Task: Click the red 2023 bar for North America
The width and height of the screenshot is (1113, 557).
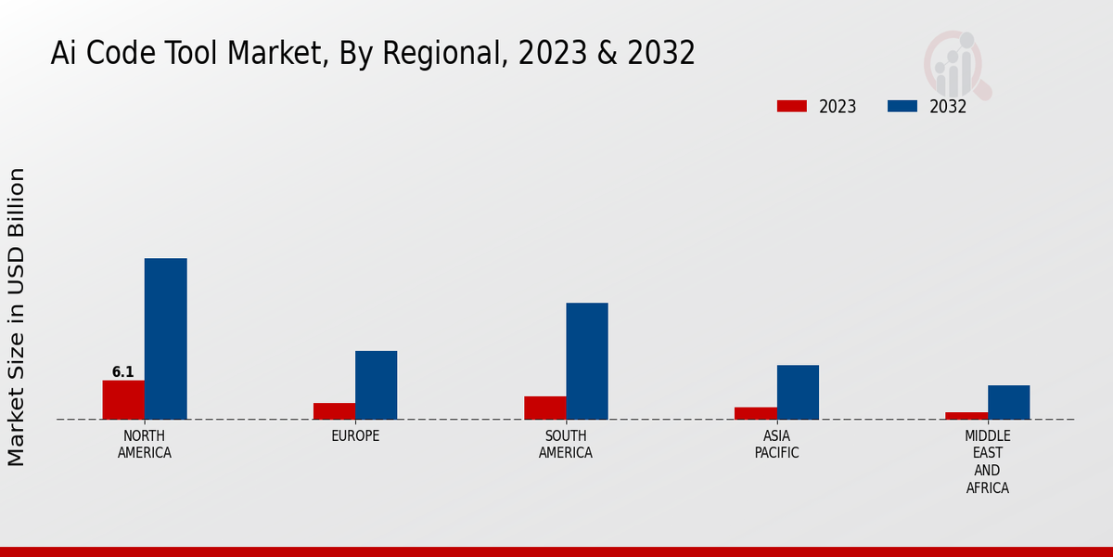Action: [123, 399]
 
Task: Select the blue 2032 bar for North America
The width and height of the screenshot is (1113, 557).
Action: [165, 339]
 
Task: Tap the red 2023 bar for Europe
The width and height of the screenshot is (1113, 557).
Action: [334, 410]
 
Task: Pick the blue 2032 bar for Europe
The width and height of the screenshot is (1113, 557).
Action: [376, 384]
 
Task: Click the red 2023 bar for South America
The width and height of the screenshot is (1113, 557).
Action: [544, 408]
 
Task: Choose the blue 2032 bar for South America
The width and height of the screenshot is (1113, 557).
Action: [587, 361]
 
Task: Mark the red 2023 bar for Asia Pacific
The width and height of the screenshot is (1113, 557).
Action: [756, 413]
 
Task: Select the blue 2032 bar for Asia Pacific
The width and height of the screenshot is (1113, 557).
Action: [798, 392]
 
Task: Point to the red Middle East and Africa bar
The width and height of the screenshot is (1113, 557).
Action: [966, 415]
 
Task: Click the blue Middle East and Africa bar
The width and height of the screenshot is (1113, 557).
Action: [1008, 402]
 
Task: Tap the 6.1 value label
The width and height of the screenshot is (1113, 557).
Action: [123, 372]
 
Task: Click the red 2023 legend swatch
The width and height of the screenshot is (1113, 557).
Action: [791, 106]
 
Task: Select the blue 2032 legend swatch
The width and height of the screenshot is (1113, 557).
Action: [902, 106]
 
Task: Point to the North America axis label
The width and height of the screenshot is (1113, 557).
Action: [145, 444]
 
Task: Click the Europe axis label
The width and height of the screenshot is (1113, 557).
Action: [355, 435]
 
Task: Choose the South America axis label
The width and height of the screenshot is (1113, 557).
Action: [566, 444]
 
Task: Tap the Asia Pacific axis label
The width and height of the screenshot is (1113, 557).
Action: [776, 444]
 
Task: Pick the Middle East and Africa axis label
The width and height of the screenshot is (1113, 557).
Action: [988, 461]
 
